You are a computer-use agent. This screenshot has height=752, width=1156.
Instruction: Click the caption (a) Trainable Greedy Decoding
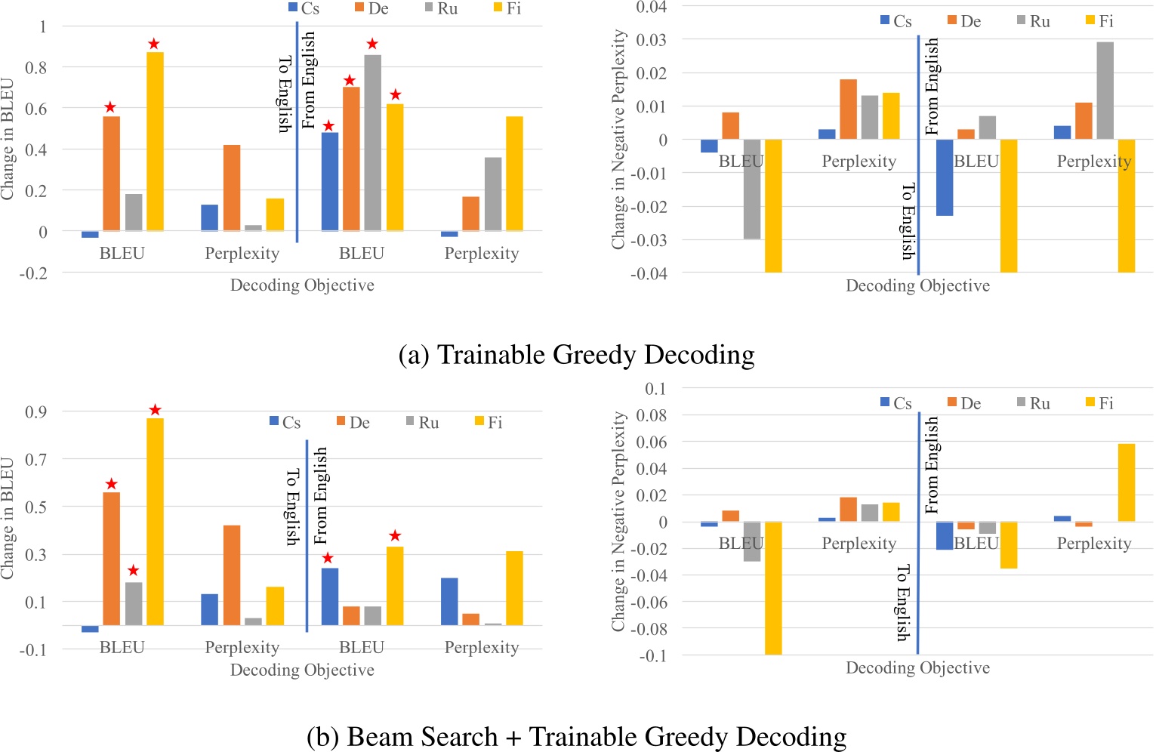click(x=576, y=355)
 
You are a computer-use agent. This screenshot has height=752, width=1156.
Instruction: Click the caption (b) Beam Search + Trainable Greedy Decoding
click(x=576, y=736)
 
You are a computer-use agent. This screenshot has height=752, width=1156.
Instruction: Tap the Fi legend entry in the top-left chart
click(x=507, y=8)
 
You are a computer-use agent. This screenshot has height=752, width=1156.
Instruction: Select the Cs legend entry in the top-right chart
click(x=896, y=21)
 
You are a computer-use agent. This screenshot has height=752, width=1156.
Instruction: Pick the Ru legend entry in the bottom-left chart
click(x=422, y=422)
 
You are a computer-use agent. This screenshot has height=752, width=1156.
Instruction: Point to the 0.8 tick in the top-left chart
click(x=37, y=67)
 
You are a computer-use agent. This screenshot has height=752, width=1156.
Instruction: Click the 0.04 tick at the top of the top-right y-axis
click(x=651, y=7)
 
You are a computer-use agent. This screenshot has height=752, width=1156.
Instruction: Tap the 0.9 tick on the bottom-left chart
click(x=35, y=411)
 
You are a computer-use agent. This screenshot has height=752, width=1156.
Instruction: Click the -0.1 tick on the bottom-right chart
click(x=654, y=655)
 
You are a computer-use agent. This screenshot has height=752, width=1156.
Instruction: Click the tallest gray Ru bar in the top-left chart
click(x=372, y=142)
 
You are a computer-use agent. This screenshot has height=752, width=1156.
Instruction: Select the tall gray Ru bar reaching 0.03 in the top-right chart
click(x=1105, y=91)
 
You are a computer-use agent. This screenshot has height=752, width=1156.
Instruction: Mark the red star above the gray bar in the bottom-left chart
click(x=134, y=570)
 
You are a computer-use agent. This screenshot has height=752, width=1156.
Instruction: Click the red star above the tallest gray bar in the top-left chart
click(x=372, y=44)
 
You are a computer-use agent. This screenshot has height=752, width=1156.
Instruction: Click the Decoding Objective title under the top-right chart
click(x=917, y=285)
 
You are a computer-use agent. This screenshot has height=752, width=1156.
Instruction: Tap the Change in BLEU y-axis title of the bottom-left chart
click(x=9, y=518)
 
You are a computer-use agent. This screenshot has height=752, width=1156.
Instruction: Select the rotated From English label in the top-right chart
click(x=932, y=86)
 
